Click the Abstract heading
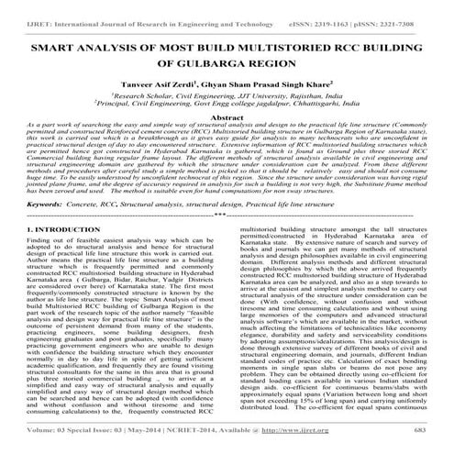tap(227, 118)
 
